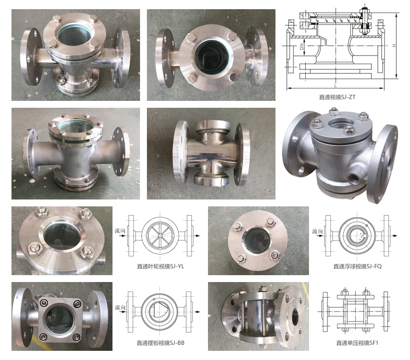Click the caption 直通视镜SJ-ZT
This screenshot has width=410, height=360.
tap(337, 97)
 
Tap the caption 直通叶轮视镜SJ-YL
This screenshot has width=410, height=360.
tap(161, 266)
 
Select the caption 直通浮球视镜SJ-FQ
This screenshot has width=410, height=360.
tap(358, 266)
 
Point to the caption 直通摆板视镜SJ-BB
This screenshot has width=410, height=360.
tap(161, 343)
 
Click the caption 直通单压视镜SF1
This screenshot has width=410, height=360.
tap(357, 343)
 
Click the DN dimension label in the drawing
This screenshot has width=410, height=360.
tap(302, 47)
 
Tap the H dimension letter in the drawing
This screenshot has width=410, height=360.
tap(394, 45)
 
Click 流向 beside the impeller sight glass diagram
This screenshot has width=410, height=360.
tap(120, 231)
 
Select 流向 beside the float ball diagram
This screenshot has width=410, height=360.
tap(317, 231)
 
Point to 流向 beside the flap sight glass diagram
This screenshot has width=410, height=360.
tap(120, 307)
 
